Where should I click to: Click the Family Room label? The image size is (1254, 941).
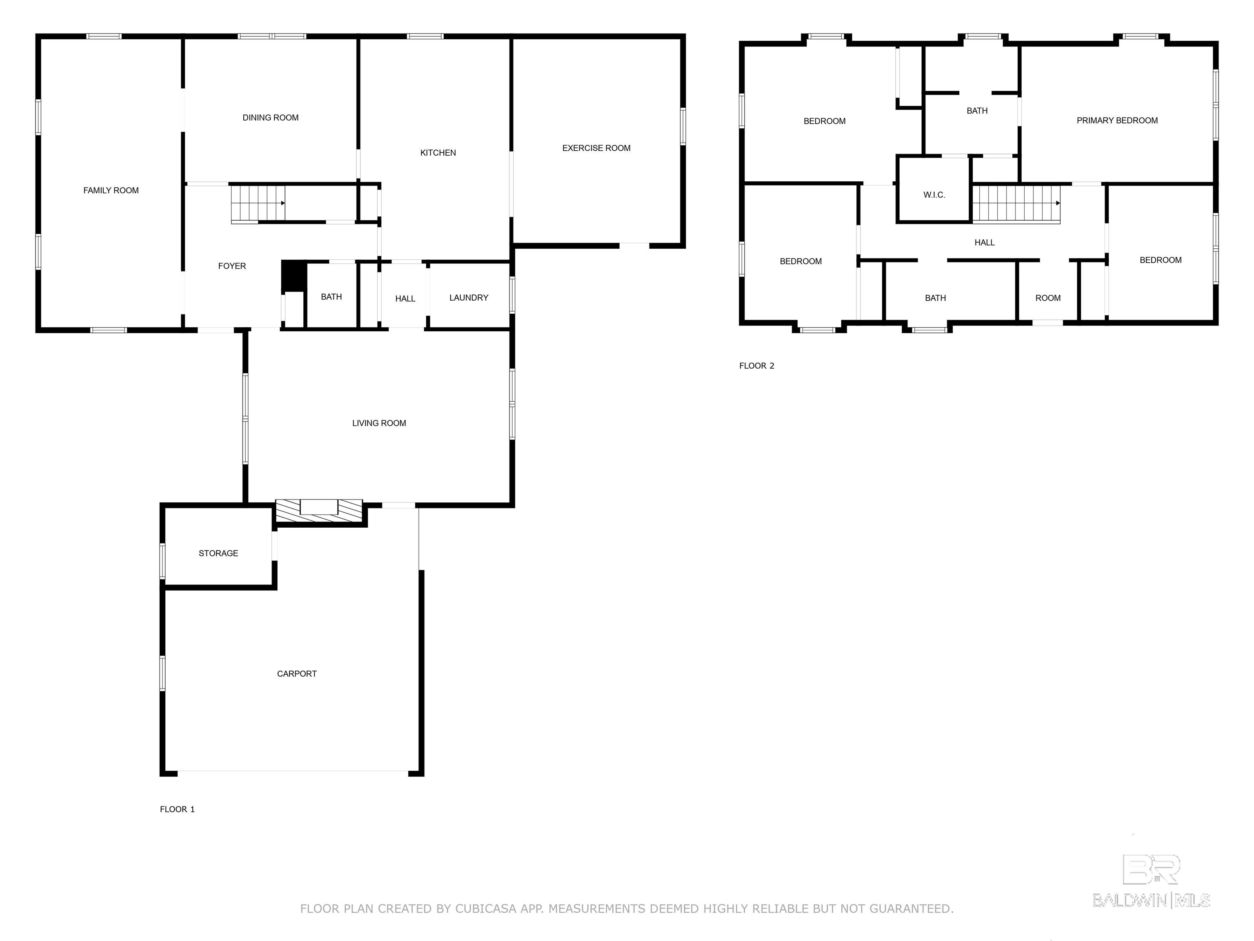pyautogui.click(x=111, y=191)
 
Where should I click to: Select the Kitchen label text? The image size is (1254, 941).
pyautogui.click(x=438, y=153)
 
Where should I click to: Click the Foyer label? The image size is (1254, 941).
pyautogui.click(x=232, y=266)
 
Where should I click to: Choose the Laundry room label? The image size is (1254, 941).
pyautogui.click(x=469, y=298)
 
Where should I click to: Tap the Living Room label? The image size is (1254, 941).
pyautogui.click(x=379, y=423)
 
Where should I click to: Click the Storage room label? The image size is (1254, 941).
pyautogui.click(x=218, y=553)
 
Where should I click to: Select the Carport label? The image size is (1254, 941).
pyautogui.click(x=296, y=674)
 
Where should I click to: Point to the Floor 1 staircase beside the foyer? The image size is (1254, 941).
pyautogui.click(x=258, y=204)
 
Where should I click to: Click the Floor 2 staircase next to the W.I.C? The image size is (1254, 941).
pyautogui.click(x=1016, y=204)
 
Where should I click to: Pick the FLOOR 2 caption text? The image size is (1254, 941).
pyautogui.click(x=756, y=366)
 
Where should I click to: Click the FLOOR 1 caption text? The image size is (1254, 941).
pyautogui.click(x=178, y=809)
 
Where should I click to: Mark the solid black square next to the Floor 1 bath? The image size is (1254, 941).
pyautogui.click(x=293, y=276)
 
